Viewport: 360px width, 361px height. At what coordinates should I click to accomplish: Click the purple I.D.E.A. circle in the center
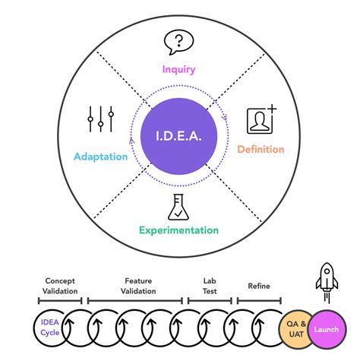[179, 138]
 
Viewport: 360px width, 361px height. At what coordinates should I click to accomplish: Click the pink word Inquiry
[178, 69]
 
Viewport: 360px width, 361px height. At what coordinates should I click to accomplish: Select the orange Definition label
[261, 149]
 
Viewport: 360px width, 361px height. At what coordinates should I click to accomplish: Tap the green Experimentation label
[178, 230]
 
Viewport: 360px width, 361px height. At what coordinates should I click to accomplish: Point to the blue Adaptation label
[100, 157]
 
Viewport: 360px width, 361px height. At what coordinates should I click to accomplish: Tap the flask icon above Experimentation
[179, 205]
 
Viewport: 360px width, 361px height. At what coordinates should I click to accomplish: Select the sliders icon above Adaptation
[100, 119]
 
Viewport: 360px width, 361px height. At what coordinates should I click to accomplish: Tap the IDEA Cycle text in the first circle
[49, 328]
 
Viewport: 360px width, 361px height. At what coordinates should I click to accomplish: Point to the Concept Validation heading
[59, 286]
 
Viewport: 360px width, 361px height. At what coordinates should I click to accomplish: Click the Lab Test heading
[209, 286]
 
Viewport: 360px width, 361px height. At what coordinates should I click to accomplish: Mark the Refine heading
[259, 287]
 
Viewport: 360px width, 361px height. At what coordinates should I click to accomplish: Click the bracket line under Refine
[259, 301]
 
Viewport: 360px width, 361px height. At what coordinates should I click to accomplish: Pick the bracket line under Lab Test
[209, 301]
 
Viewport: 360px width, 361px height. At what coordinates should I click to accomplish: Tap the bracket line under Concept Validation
[59, 301]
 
